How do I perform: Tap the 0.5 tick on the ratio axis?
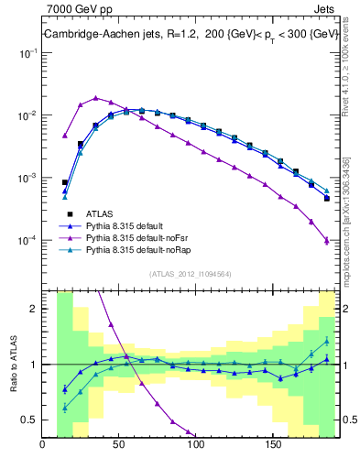click(x=29, y=420)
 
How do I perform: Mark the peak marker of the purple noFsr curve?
click(x=95, y=97)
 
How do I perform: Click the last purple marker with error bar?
click(x=327, y=241)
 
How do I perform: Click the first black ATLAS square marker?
click(x=65, y=182)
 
